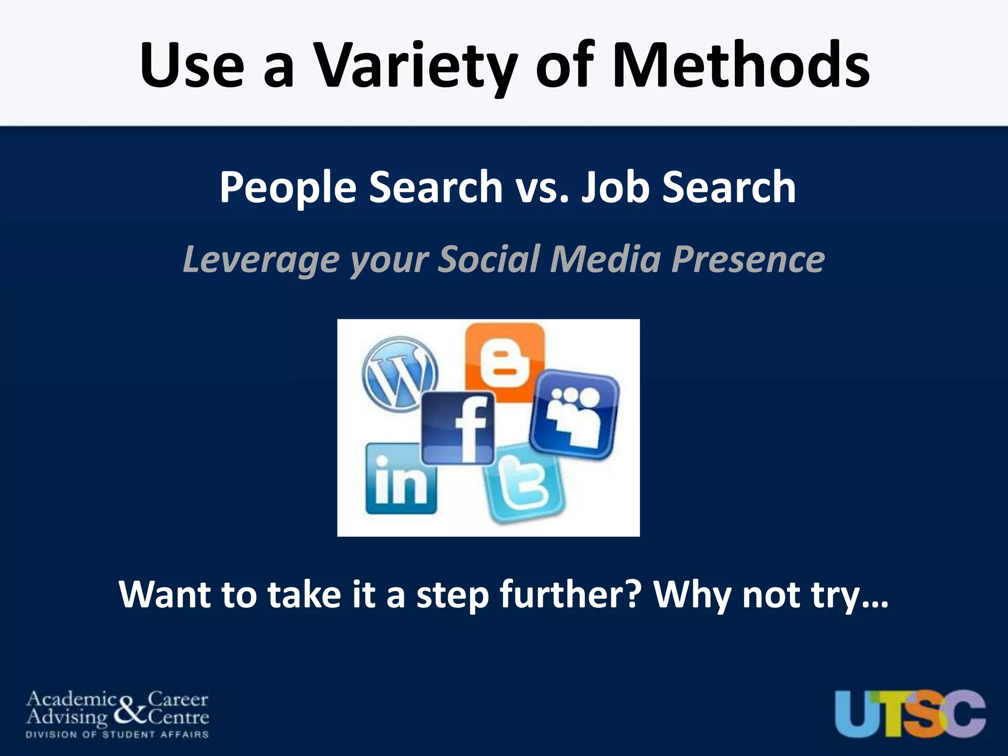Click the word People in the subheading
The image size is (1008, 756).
click(288, 188)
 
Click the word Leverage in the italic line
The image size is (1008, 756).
click(261, 259)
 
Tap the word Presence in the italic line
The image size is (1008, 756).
click(748, 259)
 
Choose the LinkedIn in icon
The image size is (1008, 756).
click(401, 479)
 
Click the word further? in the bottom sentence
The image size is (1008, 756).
click(571, 595)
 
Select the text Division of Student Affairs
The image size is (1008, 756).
click(117, 735)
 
